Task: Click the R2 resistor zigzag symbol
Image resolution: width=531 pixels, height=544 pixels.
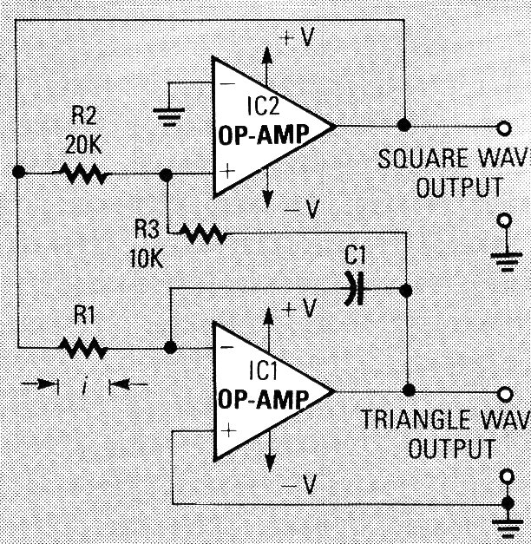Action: [x=84, y=175]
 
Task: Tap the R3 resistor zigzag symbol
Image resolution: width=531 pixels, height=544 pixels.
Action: [x=203, y=233]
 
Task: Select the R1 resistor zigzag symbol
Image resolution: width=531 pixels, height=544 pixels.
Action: [x=83, y=349]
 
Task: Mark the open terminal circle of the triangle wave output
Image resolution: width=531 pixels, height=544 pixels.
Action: [x=503, y=392]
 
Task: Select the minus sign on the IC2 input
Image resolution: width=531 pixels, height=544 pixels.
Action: [x=227, y=86]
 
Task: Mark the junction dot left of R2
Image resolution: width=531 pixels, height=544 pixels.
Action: [x=20, y=172]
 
